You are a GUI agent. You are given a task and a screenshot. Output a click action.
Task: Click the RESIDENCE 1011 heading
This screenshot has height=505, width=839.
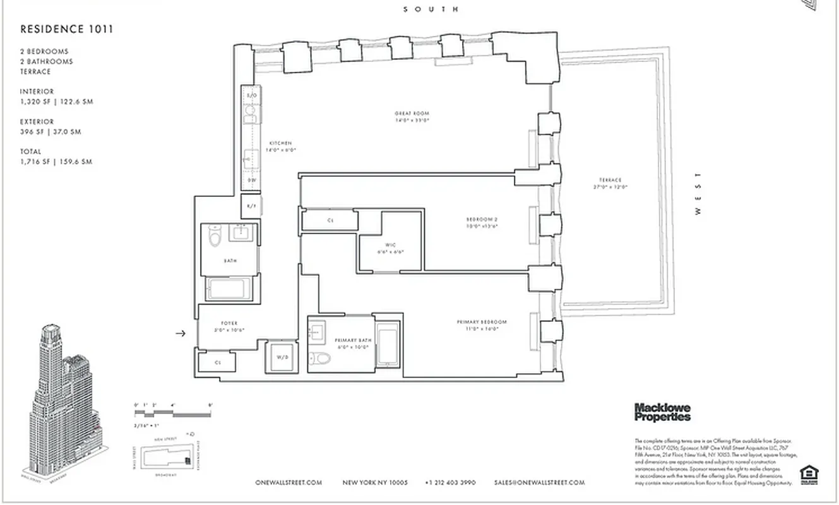pos(67,29)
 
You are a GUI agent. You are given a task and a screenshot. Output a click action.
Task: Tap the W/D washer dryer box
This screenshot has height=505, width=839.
pos(282,358)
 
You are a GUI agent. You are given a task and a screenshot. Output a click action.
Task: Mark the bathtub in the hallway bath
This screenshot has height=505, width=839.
pos(229,289)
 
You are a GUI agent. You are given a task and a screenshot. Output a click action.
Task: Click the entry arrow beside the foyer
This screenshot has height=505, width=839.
pos(181,333)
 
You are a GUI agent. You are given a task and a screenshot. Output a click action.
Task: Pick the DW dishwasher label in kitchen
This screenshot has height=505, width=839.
pos(251,181)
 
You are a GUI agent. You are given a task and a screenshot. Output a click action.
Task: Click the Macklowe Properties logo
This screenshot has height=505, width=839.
pos(662,412)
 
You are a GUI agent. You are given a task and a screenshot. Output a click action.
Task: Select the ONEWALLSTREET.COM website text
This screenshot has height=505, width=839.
pos(289,483)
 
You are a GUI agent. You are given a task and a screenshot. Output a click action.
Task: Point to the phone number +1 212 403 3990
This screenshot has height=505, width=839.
pos(450,483)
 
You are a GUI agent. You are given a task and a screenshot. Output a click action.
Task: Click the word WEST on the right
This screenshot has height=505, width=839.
pos(698,194)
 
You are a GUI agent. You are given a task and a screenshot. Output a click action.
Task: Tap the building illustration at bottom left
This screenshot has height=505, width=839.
pos(60,401)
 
